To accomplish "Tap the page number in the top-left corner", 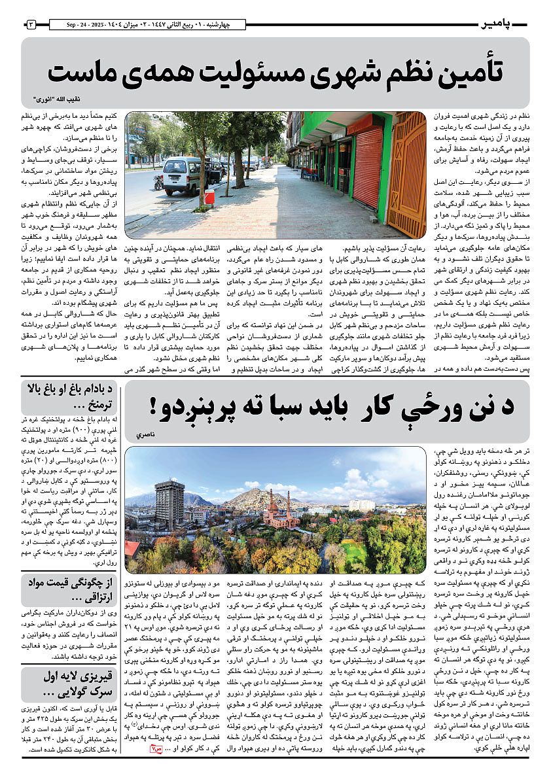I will [31, 25].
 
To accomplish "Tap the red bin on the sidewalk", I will [209, 197].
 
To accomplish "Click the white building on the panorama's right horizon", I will [362, 504].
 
